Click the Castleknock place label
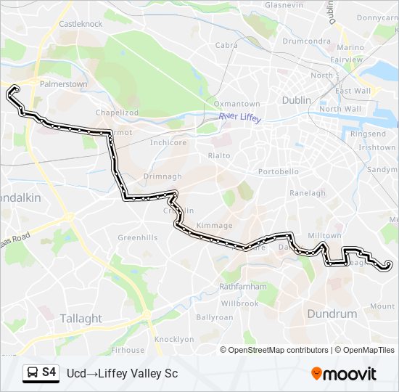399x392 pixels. click(x=81, y=24)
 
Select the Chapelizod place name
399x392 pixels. click(x=117, y=113)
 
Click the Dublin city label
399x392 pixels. click(x=296, y=100)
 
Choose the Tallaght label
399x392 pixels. click(x=81, y=318)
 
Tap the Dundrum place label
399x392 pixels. click(x=332, y=314)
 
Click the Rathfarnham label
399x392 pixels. click(x=242, y=286)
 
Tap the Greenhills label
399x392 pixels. click(x=137, y=237)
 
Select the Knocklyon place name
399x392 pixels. click(x=175, y=339)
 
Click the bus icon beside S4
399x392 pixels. click(x=32, y=372)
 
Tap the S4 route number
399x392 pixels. click(x=49, y=372)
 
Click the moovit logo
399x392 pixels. click(x=344, y=373)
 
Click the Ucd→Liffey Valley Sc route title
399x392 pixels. click(x=122, y=373)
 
